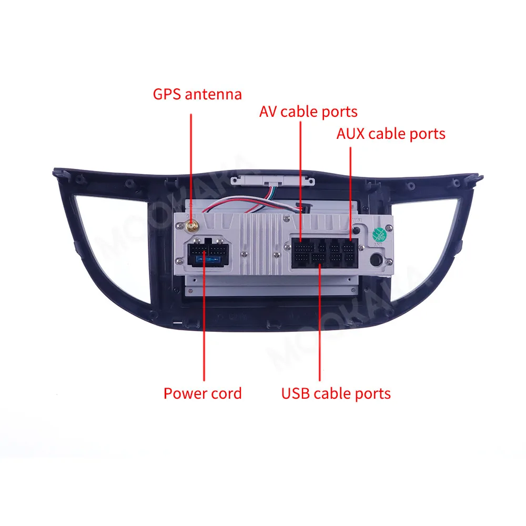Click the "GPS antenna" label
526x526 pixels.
tap(197, 95)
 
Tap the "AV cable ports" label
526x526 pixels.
tap(308, 112)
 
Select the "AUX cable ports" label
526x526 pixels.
tap(391, 134)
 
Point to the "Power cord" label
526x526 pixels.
tap(203, 393)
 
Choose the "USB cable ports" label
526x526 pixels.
tap(336, 393)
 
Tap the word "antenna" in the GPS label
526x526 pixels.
tap(213, 95)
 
